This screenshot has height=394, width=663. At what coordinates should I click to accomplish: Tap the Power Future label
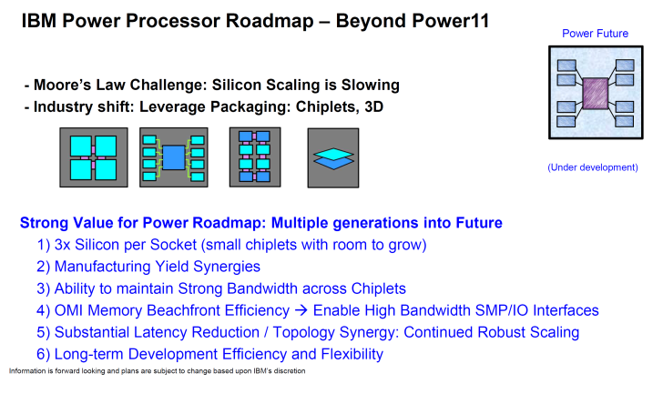click(x=595, y=34)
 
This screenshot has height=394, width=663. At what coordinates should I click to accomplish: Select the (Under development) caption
click(x=593, y=167)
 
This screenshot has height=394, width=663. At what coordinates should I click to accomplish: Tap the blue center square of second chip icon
click(x=174, y=157)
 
